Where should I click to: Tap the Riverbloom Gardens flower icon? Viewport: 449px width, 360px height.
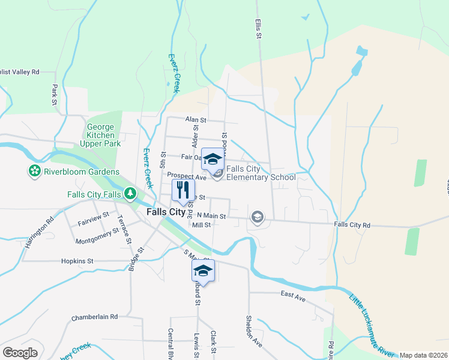(x=34, y=172)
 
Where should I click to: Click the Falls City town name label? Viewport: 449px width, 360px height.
(x=166, y=212)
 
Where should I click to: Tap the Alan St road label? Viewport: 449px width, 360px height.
(x=192, y=120)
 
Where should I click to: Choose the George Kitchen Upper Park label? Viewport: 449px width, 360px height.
(x=100, y=135)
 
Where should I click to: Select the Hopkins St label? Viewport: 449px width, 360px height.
(x=77, y=261)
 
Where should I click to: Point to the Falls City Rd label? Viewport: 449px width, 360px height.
(x=352, y=224)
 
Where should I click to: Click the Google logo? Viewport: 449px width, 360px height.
(x=20, y=352)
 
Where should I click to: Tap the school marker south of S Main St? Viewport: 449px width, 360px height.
(x=203, y=272)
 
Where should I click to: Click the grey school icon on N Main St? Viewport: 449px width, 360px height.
(x=258, y=217)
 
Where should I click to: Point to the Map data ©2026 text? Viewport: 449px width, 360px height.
(x=423, y=355)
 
